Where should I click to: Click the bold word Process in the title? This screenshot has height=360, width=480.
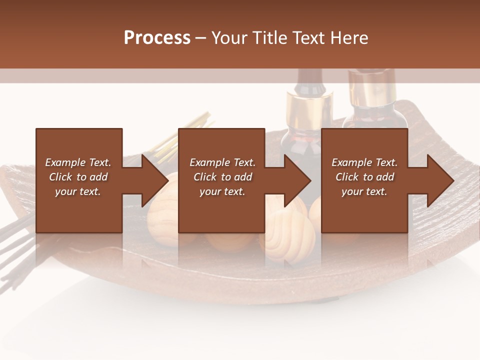(157, 38)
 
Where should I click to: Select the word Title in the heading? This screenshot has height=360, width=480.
(268, 38)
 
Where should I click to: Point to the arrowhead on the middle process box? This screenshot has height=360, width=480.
(296, 180)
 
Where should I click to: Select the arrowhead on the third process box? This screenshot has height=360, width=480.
(439, 180)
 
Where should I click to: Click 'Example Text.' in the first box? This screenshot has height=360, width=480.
(78, 162)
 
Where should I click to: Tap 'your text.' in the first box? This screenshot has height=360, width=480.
(78, 191)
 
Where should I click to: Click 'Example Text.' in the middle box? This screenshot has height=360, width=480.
(222, 162)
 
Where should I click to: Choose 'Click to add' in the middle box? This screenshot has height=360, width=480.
(222, 177)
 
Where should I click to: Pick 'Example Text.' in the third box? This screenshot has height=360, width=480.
(364, 162)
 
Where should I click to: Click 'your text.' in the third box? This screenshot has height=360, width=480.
(364, 191)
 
